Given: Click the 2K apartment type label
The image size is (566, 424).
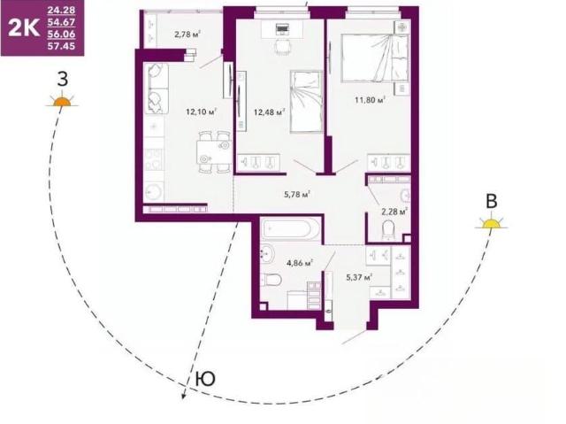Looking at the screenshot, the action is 24,27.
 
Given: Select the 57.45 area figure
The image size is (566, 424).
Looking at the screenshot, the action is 61,46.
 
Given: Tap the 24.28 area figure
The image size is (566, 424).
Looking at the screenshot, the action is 61,10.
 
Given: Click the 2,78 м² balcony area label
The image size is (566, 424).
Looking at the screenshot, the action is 187,35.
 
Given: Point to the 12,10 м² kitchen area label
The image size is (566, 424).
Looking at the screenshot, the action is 201,112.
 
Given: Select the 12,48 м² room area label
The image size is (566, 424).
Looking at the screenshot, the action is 269,112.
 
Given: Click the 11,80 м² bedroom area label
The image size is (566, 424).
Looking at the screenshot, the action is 370,99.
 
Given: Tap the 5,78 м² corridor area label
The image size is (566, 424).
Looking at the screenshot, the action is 297,195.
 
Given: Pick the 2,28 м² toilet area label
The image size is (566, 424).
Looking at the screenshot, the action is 394,212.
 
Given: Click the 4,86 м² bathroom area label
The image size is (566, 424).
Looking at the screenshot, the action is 300,263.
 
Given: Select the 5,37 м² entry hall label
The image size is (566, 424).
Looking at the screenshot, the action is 359,277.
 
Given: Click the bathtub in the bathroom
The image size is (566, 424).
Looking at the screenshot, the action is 291,228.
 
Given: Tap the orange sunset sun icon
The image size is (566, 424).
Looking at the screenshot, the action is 62,100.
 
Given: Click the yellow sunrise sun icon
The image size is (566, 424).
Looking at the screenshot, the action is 492,223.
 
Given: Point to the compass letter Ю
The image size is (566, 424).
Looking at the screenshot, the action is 205,379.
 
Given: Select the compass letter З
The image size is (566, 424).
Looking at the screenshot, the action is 63,79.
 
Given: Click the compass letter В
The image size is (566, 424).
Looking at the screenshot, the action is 492,201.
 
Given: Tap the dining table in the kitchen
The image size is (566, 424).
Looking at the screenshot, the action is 214,152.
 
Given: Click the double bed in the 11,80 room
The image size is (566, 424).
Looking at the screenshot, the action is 375,58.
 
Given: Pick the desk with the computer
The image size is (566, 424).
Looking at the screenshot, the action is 282,29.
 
